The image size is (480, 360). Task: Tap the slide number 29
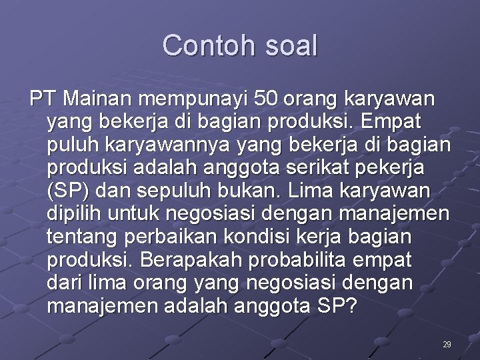[447, 345]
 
